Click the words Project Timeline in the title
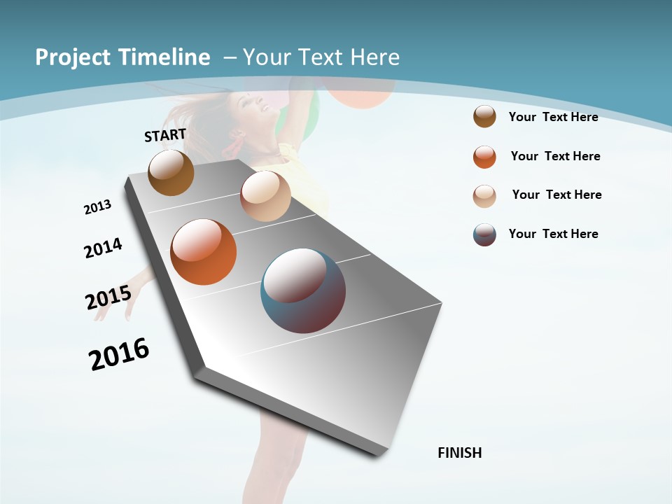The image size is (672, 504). (122, 57)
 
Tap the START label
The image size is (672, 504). (165, 135)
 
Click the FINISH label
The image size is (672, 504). (460, 453)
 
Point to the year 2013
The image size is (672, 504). (98, 206)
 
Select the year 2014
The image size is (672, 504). (103, 248)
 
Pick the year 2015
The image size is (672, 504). (108, 297)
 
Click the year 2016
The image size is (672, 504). (119, 353)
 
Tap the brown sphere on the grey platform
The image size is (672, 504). (171, 172)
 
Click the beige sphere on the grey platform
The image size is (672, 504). (265, 196)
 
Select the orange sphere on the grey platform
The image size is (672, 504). (203, 252)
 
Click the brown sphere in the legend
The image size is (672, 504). (484, 117)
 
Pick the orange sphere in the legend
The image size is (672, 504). (484, 157)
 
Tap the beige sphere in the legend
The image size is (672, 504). (484, 196)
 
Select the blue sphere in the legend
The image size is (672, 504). (484, 234)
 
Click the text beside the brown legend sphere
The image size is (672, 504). (553, 117)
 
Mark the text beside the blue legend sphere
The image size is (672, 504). (553, 234)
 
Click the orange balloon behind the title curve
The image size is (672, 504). (362, 95)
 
